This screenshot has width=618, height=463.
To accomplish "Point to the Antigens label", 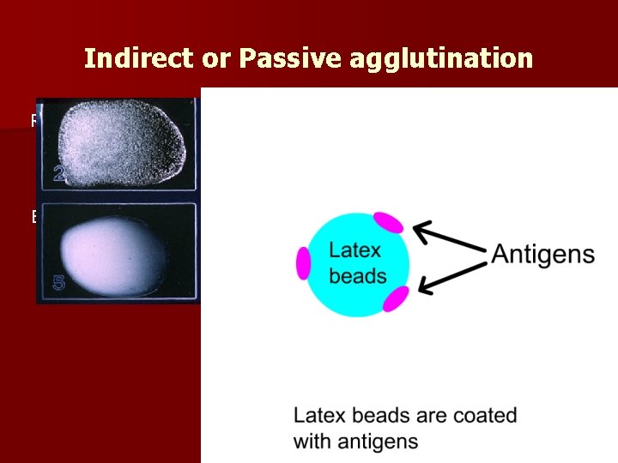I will [x=542, y=254].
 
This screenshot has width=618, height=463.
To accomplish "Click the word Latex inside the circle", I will [x=355, y=250].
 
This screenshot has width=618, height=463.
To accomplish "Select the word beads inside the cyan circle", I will [x=358, y=276].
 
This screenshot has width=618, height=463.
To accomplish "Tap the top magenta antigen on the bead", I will [x=389, y=222].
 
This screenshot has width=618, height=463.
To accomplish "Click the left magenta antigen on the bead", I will [x=303, y=262].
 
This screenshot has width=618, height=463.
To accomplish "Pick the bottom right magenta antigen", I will [x=395, y=298].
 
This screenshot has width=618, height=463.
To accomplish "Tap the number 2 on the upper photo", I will [x=59, y=175].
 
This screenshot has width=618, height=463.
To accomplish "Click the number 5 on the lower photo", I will [x=59, y=282].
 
